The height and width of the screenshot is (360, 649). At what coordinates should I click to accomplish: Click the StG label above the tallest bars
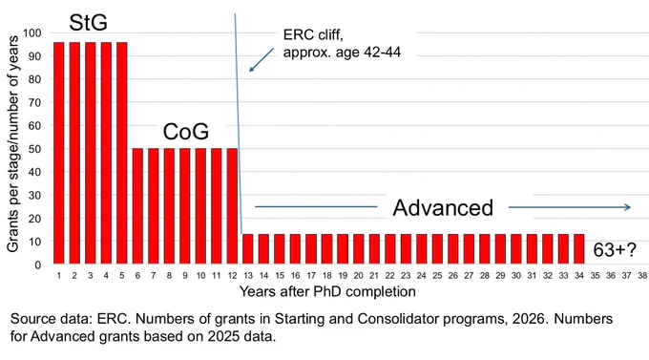[88, 22]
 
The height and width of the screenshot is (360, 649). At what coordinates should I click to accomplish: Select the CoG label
[186, 132]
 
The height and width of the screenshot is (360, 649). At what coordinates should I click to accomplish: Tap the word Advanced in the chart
[443, 207]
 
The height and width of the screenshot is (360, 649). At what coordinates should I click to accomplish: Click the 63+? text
[615, 250]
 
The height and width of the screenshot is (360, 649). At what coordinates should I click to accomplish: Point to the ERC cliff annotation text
[342, 44]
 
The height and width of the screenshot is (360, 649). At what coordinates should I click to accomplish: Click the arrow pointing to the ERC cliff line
[262, 60]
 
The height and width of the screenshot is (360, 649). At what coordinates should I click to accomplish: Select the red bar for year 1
[59, 153]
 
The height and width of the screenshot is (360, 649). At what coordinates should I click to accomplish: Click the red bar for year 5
[122, 153]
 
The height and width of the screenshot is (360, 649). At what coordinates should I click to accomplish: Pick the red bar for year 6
[137, 206]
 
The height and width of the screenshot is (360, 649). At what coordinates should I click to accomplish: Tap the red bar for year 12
[232, 206]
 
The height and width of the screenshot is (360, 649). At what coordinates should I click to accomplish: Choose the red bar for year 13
[248, 249]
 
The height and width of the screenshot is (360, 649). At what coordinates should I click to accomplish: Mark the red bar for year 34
[579, 249]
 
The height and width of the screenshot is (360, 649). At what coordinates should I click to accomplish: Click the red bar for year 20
[359, 249]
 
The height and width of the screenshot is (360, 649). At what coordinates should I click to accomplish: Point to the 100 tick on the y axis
[31, 32]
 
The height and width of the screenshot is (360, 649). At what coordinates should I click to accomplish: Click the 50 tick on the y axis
[34, 149]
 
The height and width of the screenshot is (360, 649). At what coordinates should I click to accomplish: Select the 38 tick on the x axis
[642, 275]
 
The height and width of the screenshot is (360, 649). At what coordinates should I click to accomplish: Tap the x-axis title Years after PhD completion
[327, 291]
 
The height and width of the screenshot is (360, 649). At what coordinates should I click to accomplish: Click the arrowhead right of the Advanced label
[627, 207]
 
